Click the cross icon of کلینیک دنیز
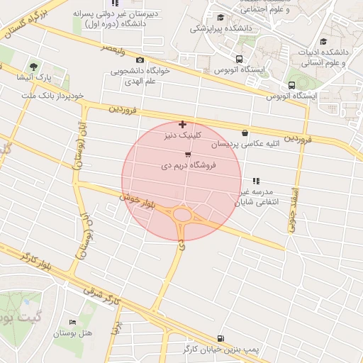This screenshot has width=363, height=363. [184, 124]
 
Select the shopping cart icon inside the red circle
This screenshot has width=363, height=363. [187, 154]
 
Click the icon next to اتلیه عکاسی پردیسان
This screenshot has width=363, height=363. [245, 133]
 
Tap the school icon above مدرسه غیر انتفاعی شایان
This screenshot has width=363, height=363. [256, 181]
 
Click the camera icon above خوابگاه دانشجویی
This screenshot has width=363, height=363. [140, 60]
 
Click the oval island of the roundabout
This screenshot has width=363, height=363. [183, 215]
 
